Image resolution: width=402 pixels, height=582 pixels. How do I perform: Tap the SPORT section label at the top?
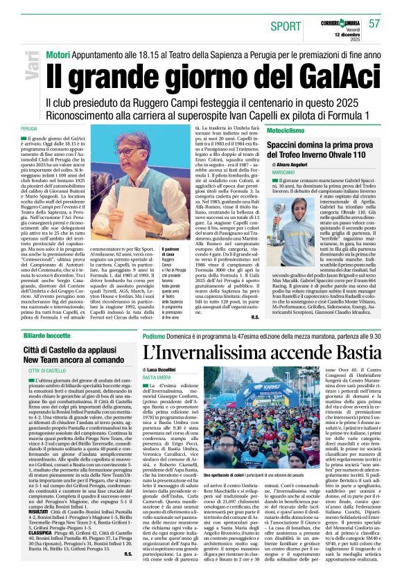click(x=286, y=26)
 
